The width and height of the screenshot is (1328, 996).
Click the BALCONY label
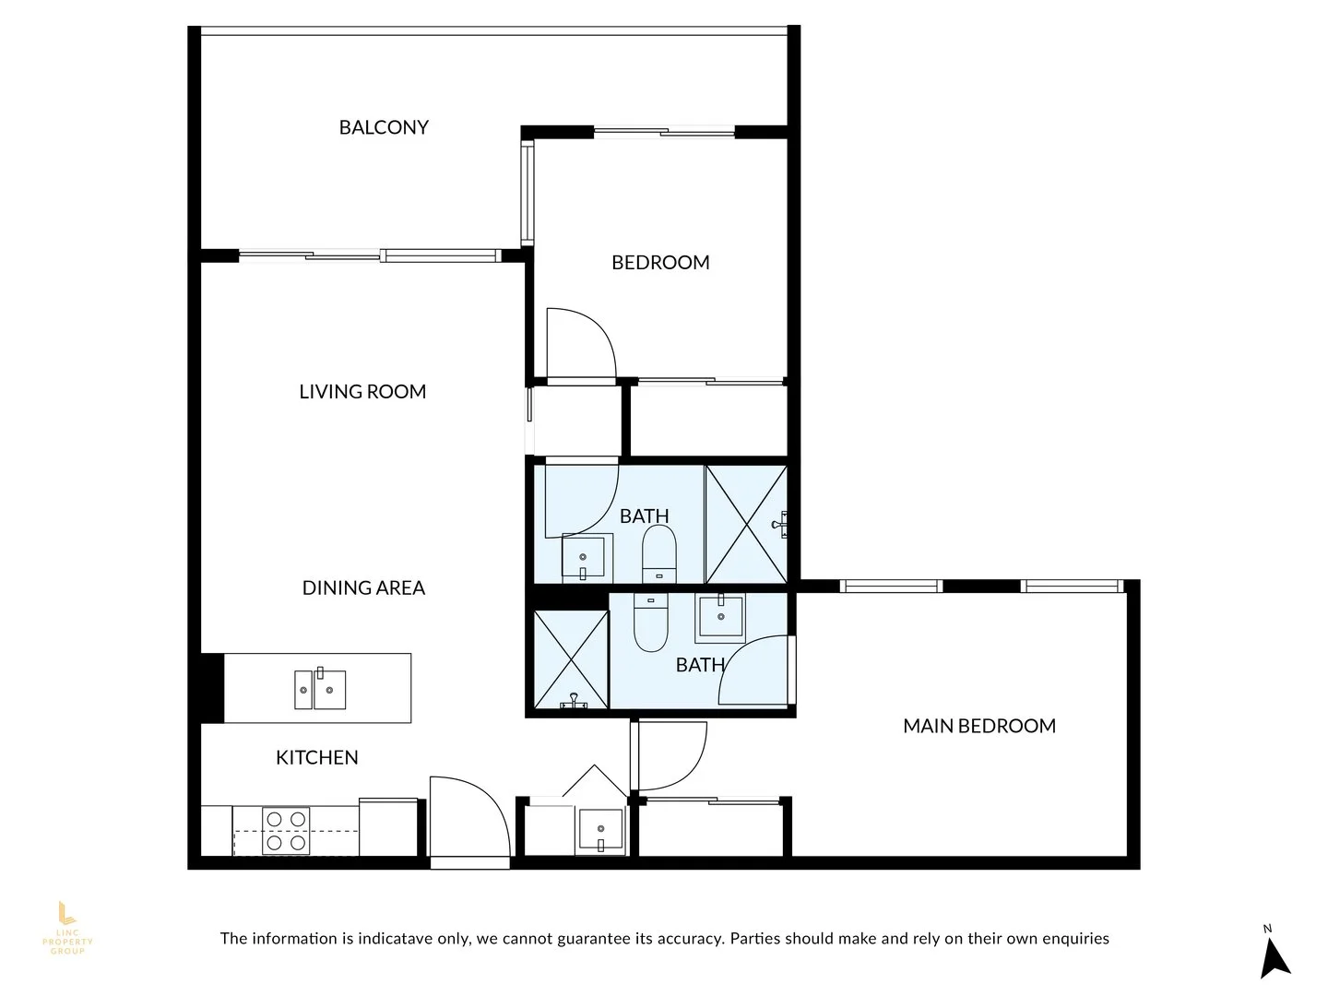(384, 127)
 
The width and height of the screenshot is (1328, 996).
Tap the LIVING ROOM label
(362, 391)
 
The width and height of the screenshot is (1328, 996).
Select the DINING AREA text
(363, 587)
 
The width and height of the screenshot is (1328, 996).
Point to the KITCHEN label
(316, 757)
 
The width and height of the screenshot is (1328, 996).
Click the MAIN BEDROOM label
(979, 726)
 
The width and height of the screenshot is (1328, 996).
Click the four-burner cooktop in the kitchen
(286, 830)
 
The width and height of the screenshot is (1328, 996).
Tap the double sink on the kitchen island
(320, 689)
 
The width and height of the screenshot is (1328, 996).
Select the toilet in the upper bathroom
(658, 554)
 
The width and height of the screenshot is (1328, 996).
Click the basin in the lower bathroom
(720, 616)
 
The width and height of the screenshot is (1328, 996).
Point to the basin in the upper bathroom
(584, 557)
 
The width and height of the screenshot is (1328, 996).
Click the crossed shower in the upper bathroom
(745, 525)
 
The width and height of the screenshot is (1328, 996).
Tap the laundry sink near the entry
(600, 830)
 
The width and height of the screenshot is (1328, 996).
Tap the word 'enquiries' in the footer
(1075, 939)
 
